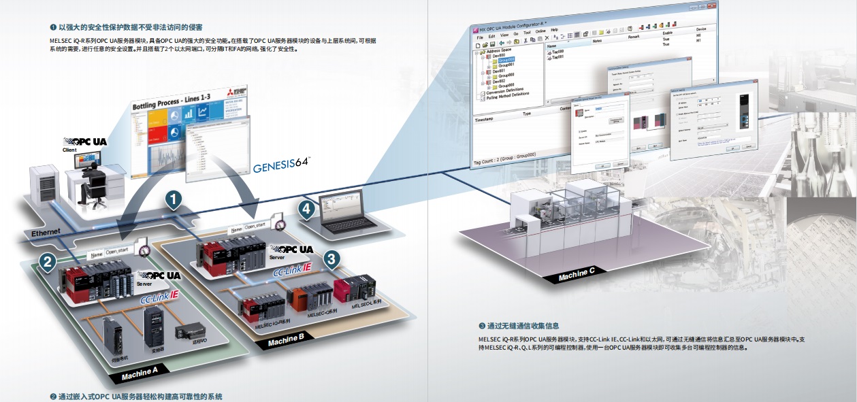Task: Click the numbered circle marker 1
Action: point(174,199)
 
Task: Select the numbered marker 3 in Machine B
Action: point(331,258)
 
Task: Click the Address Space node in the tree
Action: point(500,51)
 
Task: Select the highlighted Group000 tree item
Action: point(506,61)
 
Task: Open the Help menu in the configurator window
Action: point(554,30)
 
